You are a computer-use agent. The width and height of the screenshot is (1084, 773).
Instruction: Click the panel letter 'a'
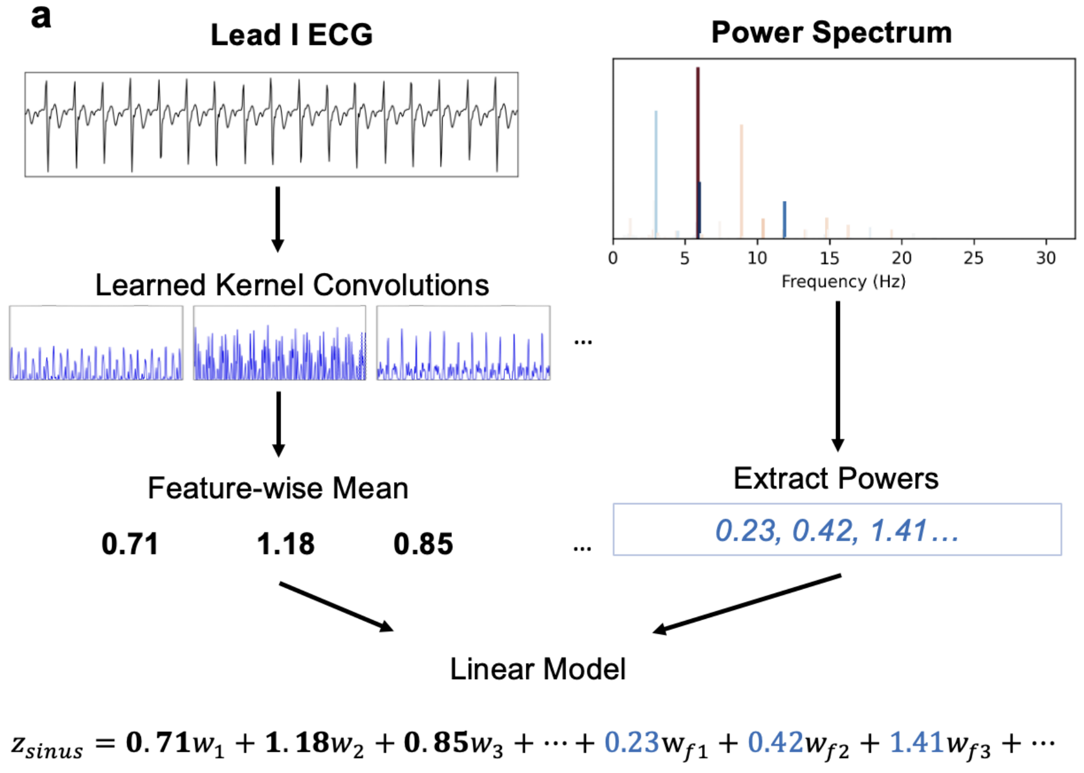pos(41,17)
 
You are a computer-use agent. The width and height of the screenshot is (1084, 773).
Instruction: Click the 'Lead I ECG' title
pos(291,35)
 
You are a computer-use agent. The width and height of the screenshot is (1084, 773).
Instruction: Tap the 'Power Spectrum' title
pos(831,32)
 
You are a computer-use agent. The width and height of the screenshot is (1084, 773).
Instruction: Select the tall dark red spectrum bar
pos(697,149)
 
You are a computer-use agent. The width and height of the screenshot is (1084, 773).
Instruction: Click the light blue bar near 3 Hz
pos(656,173)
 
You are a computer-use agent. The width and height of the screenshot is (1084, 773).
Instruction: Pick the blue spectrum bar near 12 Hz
pos(784,219)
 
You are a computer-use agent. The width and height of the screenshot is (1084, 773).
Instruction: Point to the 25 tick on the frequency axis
pos(973,258)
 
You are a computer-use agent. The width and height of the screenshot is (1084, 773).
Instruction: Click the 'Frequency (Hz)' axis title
pos(843,281)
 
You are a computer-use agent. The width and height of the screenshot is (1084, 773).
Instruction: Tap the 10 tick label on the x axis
pos(757,258)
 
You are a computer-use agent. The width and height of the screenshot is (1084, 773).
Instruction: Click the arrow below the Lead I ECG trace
pos(278,219)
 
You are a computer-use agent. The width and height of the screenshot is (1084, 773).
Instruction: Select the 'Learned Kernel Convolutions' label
pos(292,285)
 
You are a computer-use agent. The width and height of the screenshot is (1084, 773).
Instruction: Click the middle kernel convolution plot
pos(279,343)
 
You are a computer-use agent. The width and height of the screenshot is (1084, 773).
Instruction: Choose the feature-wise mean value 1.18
pos(285,544)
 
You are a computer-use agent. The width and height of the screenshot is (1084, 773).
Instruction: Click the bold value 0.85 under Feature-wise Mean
pos(423,544)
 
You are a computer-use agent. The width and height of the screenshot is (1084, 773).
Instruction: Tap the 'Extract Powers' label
pos(836,478)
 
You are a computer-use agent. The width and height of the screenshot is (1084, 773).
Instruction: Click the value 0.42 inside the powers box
pos(824,530)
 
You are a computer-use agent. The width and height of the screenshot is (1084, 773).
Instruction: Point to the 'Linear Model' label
pos(538,669)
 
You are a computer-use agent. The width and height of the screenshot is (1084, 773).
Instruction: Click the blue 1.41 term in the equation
pos(916,743)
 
